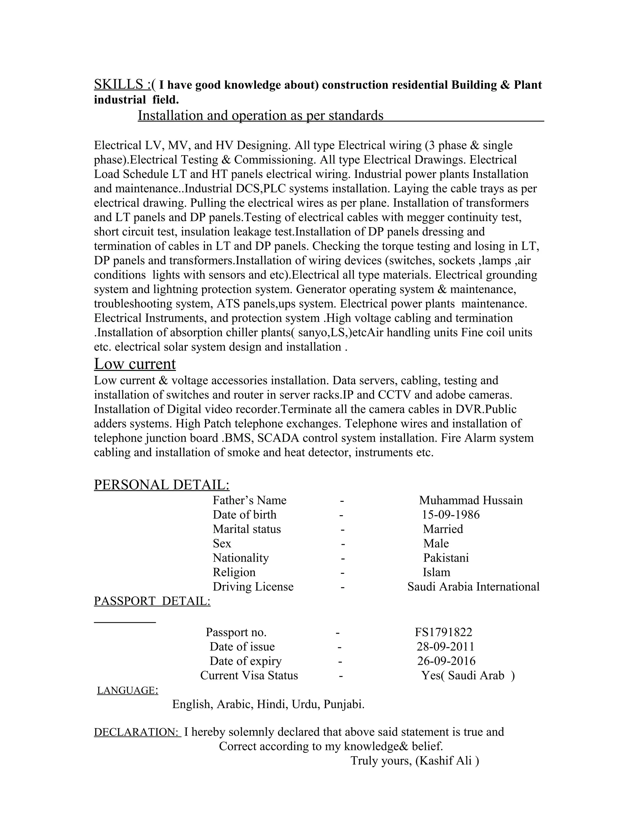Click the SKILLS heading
coord(118,84)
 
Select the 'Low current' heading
coord(135,364)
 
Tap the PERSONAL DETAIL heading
coord(161,485)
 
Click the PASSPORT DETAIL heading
coord(152,601)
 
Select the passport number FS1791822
coord(443,632)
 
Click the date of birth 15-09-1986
coord(450,514)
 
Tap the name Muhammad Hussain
coord(471,500)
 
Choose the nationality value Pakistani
coord(445,558)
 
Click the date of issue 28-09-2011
coord(445,646)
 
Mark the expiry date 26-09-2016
coord(446,661)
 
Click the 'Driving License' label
coord(253,586)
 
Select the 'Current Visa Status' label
coord(249,675)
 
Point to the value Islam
coord(436,572)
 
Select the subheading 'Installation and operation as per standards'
coord(260,115)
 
